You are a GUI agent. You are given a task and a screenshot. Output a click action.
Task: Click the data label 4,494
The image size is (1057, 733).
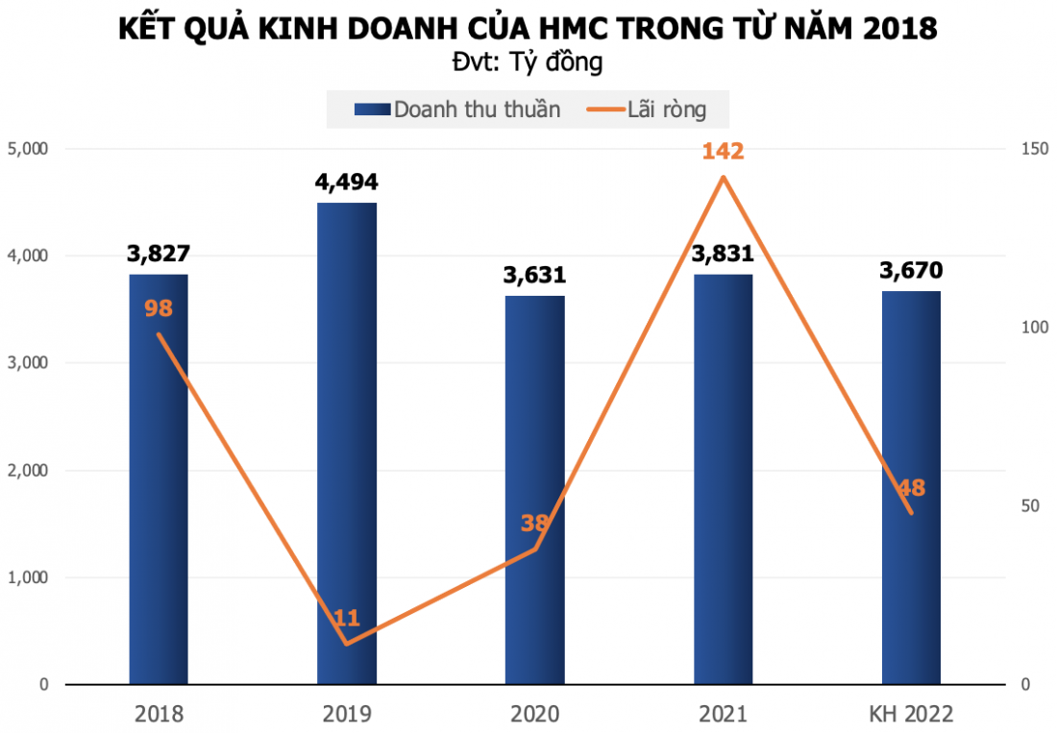(x=347, y=183)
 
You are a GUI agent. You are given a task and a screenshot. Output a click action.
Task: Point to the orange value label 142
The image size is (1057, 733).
(x=723, y=152)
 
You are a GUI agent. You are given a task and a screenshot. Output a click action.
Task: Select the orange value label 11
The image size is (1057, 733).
(x=347, y=618)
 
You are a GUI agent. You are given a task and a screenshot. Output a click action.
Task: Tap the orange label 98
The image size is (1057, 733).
(x=159, y=309)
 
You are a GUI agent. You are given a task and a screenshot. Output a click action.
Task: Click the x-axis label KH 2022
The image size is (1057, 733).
(x=911, y=714)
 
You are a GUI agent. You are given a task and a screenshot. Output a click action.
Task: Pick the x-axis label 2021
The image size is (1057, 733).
(x=723, y=714)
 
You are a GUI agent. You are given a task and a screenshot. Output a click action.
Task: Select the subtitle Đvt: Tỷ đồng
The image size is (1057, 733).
(x=528, y=62)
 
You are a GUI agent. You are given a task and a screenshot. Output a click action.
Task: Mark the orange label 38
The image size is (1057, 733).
(x=534, y=524)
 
